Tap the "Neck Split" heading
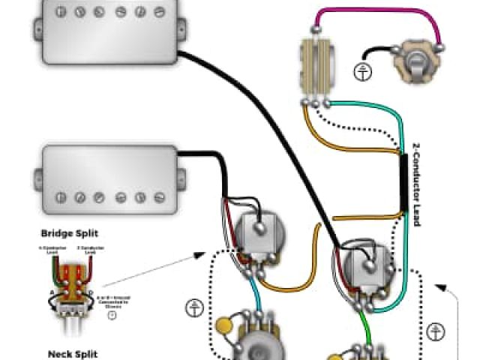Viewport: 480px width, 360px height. (x=73, y=353)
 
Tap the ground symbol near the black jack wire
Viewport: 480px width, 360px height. (x=362, y=73)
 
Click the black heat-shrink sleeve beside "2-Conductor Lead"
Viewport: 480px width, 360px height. (x=403, y=184)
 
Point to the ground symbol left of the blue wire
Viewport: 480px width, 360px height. (x=193, y=307)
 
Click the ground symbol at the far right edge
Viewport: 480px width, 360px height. (x=435, y=331)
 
